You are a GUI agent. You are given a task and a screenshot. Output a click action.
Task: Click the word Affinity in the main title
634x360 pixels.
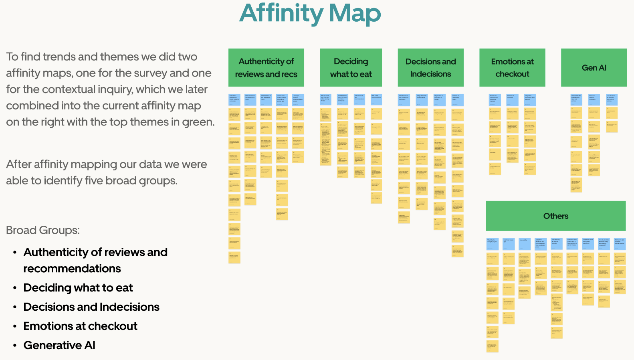pos(281,13)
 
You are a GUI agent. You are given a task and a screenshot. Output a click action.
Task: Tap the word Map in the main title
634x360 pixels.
pos(354,13)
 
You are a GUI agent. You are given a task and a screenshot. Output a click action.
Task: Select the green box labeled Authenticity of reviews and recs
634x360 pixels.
pos(266,68)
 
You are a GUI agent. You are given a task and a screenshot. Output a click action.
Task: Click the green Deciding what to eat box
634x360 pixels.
pos(351,68)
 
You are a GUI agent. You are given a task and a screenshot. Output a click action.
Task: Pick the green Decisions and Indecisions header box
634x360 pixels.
pos(430,68)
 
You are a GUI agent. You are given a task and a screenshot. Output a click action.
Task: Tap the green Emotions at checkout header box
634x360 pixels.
pos(512,68)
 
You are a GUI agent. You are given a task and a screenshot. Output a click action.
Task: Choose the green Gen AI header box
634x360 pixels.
pos(594,68)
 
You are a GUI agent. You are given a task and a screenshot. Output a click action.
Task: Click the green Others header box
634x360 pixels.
pos(555,216)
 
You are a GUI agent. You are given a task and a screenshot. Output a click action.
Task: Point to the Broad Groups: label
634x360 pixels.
pos(43,230)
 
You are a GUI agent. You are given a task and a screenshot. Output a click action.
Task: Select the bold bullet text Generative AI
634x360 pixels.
pos(59,345)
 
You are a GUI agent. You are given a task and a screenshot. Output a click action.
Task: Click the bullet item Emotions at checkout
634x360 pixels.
pos(80,326)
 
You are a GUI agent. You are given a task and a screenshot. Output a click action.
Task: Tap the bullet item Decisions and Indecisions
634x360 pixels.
pos(91,307)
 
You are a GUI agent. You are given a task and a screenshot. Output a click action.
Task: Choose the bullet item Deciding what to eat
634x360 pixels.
pos(78,287)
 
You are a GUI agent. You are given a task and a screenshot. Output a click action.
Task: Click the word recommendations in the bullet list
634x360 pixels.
pos(72,268)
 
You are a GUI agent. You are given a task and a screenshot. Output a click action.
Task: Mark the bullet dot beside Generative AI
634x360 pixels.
pos(15,346)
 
